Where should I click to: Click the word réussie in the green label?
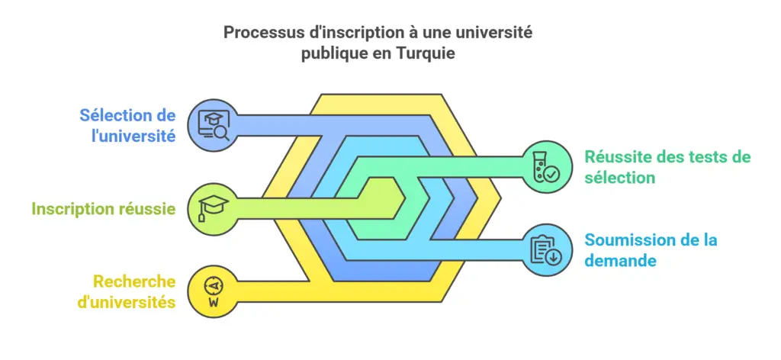(146, 208)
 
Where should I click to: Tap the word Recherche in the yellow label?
(134, 281)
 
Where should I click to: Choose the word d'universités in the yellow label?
(126, 302)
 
